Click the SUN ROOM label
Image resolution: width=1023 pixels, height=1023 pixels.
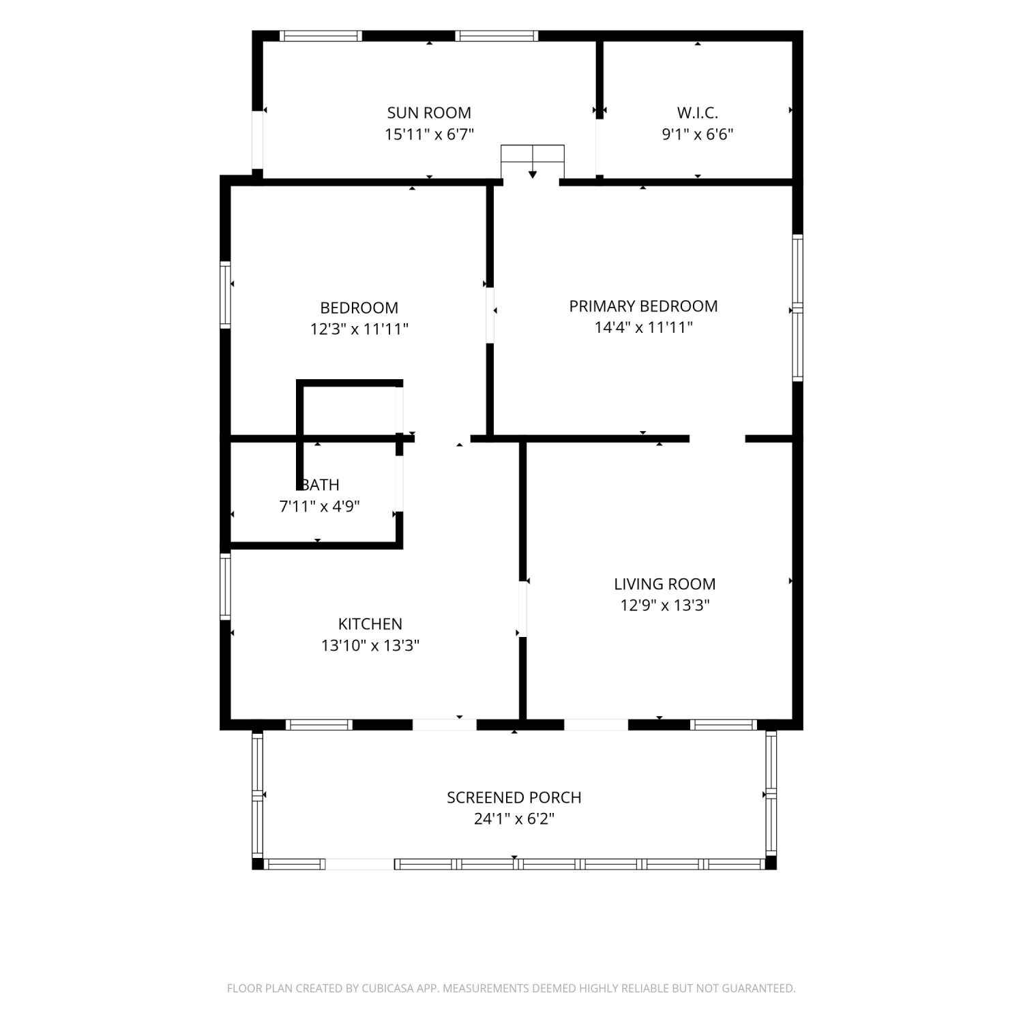pos(429,113)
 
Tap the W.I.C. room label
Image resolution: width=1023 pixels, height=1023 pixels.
pos(697,113)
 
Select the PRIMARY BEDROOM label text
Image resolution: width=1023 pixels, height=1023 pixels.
pos(643,306)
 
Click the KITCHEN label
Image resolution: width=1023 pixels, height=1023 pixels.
pos(370,623)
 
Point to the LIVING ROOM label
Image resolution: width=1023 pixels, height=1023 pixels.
pos(665,584)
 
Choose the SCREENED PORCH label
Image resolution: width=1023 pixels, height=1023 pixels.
pos(514,797)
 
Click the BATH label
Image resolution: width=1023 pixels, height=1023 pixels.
pos(320,485)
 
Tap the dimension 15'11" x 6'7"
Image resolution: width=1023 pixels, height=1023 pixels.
pos(429,134)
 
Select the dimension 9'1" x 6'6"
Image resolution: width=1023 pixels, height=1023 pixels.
pos(697,134)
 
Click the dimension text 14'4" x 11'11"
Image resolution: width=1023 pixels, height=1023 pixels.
pos(643,327)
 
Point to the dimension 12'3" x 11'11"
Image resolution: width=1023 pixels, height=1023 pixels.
pos(359,329)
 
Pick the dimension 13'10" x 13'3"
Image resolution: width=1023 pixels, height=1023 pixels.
pos(370,645)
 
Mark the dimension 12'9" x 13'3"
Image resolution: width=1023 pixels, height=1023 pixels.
pos(665,605)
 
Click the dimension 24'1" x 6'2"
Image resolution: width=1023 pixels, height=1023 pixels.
pos(514,818)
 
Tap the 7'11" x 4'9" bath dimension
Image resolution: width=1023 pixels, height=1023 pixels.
pos(320,506)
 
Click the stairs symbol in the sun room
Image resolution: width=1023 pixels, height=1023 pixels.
pos(533,162)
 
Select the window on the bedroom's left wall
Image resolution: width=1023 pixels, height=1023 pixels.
pos(225,295)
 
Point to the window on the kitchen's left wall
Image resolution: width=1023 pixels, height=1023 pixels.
pos(225,586)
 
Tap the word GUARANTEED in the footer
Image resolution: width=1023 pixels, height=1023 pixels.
pos(762,988)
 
